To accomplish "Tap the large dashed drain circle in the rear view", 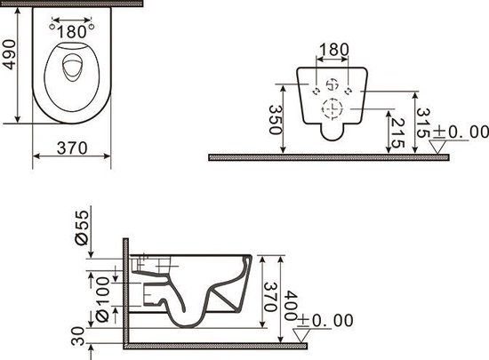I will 332,110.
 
